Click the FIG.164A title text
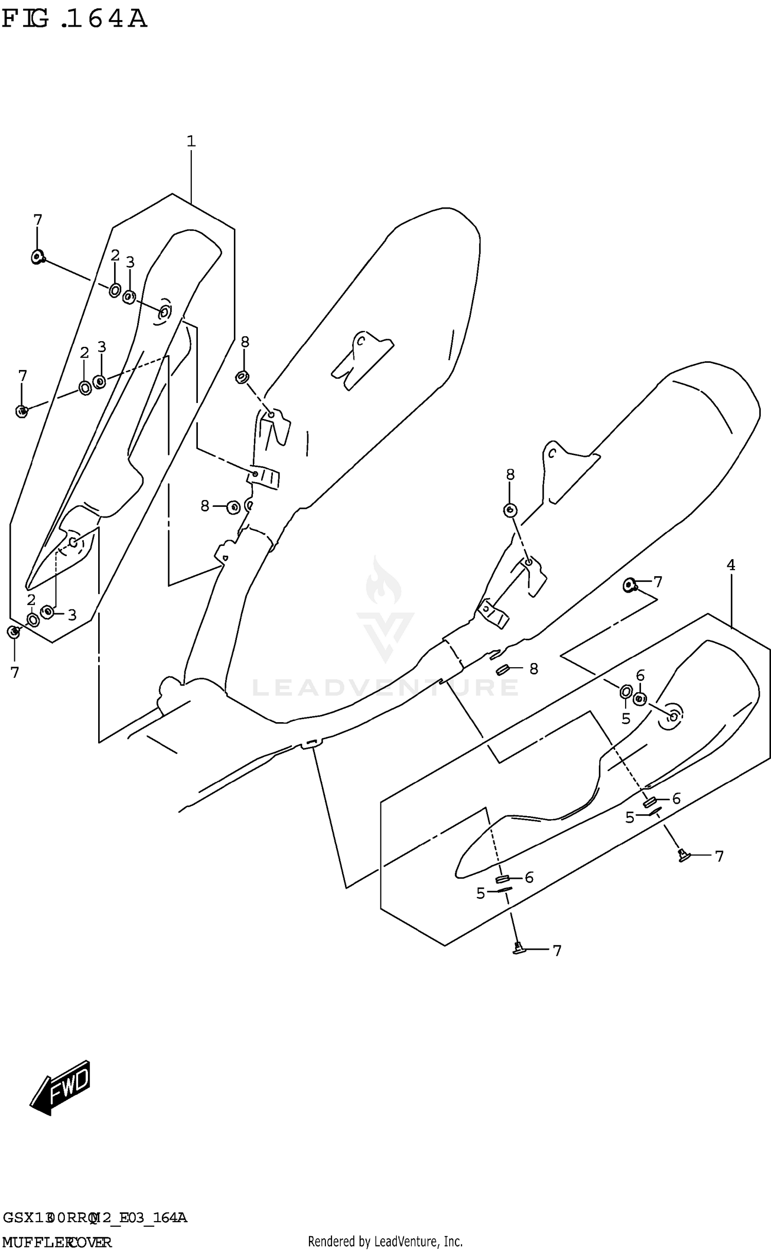click(x=75, y=20)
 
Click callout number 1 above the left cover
click(x=191, y=141)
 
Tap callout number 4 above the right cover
click(x=730, y=565)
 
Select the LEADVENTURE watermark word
click(x=385, y=688)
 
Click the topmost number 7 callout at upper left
click(x=38, y=220)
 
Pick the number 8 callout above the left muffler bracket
click(x=245, y=342)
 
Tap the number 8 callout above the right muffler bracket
click(x=510, y=474)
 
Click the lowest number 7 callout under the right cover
click(x=557, y=951)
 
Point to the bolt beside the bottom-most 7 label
click(x=518, y=949)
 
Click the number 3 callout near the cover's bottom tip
click(x=72, y=615)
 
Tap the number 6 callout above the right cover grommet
click(x=640, y=676)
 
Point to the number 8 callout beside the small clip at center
click(x=534, y=669)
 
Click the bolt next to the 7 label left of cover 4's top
click(x=630, y=584)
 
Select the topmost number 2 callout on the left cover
click(x=115, y=255)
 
